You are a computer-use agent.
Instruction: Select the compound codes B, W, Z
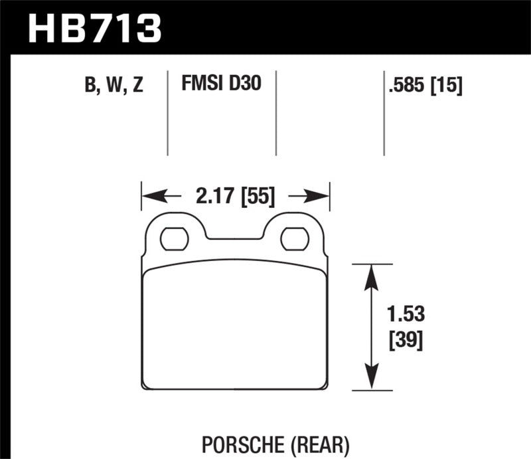point(114,86)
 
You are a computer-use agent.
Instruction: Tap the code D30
point(245,84)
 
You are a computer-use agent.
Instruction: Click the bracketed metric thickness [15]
point(447,85)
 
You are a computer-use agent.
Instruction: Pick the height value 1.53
point(403,314)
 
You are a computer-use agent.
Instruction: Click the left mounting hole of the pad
point(173,238)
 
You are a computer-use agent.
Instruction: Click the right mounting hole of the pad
point(293,238)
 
